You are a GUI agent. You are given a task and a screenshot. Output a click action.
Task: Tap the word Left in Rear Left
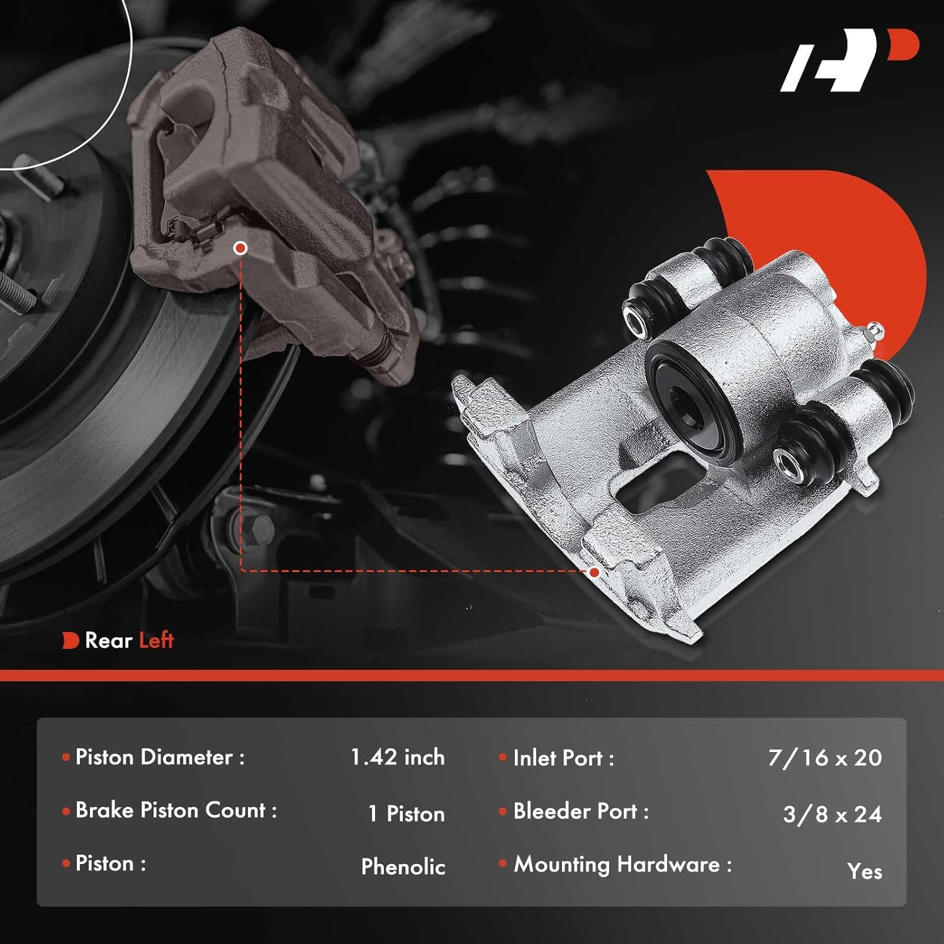click(156, 641)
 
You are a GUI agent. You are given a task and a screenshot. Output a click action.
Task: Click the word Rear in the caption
click(108, 641)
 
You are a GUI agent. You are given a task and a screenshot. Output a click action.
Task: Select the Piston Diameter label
click(160, 757)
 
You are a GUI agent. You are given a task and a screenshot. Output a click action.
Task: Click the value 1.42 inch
click(397, 757)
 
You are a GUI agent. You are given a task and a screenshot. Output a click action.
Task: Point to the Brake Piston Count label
click(176, 811)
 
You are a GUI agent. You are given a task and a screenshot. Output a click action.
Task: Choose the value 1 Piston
click(407, 814)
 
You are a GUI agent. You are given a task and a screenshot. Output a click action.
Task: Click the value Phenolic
click(403, 867)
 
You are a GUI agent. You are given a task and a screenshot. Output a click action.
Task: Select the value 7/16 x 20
click(825, 758)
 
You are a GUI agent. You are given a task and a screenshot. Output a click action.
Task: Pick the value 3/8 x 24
click(832, 814)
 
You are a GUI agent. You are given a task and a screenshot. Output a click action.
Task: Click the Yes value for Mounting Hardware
click(864, 872)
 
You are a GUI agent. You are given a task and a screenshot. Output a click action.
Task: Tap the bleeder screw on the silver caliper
click(873, 331)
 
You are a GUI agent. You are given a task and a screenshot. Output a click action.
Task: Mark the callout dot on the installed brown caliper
click(240, 248)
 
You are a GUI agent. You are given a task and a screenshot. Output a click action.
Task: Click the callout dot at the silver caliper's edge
click(594, 572)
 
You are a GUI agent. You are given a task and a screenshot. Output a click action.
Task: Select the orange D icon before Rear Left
click(70, 641)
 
